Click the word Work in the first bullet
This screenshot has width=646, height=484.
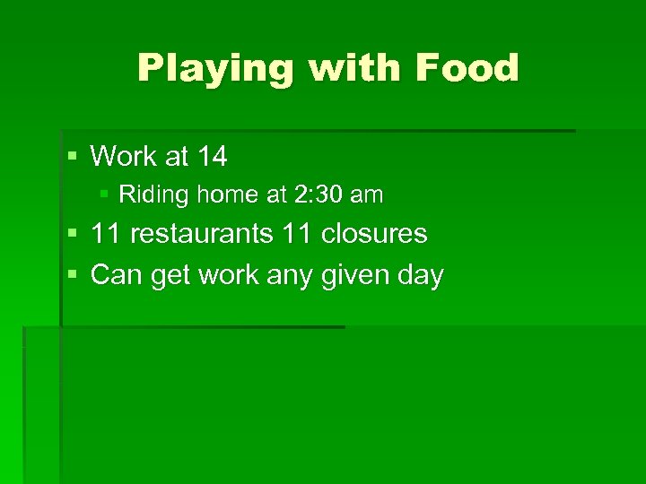(124, 157)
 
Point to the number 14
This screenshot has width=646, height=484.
(211, 157)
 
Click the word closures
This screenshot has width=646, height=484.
(374, 234)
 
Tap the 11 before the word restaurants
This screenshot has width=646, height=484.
(106, 234)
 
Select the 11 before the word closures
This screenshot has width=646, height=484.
(297, 234)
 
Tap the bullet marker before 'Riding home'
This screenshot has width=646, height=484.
(105, 194)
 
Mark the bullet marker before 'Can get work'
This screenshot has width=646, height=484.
(73, 275)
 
